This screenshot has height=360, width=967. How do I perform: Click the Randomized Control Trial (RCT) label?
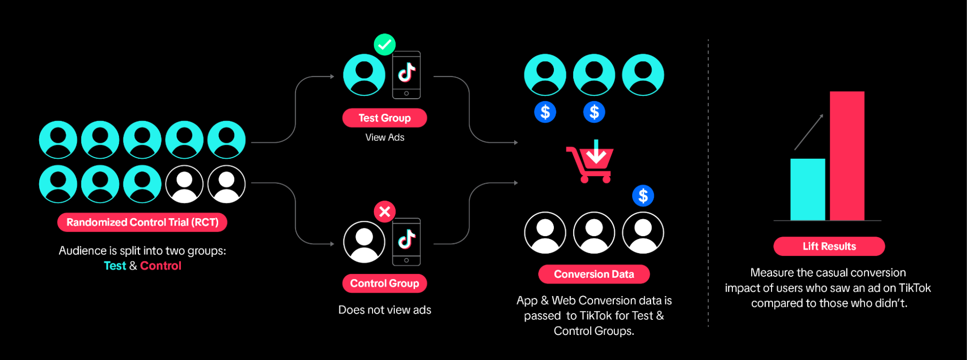coord(142,223)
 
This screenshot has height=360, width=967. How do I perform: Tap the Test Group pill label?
coord(385,118)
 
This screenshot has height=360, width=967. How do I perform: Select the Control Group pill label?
coord(385,284)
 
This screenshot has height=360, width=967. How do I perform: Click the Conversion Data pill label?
coord(594,274)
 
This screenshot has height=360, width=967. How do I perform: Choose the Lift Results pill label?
coord(829,246)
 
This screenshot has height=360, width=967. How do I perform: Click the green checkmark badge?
coord(385,45)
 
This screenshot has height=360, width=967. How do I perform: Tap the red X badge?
coord(385,211)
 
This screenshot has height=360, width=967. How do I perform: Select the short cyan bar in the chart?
coord(807,189)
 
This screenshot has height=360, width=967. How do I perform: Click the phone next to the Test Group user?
coord(406,75)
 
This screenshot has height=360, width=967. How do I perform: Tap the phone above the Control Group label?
coord(406,241)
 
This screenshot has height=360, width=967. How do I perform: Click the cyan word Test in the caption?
coord(115,266)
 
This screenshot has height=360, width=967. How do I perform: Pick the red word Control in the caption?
coord(161,266)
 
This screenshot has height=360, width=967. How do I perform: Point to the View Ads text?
coord(385,137)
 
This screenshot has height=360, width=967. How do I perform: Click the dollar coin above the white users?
coord(643,196)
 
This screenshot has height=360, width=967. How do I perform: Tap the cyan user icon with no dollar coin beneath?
coord(643,75)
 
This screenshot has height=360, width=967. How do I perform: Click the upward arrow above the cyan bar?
coord(809,132)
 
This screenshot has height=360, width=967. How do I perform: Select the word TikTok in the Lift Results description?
coord(914,288)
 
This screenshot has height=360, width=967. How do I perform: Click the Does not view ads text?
coord(385,310)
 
